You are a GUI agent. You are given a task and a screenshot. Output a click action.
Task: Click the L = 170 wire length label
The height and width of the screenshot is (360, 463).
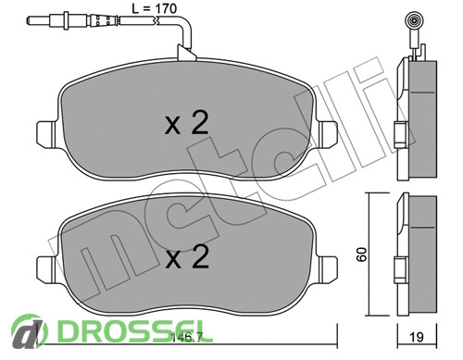coord(154,8)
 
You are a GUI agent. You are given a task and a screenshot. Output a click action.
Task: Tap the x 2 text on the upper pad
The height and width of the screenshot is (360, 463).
coord(187,123)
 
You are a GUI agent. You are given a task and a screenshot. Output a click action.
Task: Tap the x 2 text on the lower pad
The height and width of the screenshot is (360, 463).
coord(187,256)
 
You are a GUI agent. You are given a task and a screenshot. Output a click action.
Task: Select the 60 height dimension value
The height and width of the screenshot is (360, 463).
coord(362,254)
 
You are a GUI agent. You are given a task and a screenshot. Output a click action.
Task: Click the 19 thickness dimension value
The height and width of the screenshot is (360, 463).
coord(417,337)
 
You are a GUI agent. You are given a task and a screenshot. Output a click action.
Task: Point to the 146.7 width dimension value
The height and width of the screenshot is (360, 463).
coord(186,338)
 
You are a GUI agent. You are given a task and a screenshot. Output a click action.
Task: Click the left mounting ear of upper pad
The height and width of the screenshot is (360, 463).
coord(46,133)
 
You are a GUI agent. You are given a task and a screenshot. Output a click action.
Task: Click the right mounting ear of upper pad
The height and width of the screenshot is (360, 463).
coord(328,133)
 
